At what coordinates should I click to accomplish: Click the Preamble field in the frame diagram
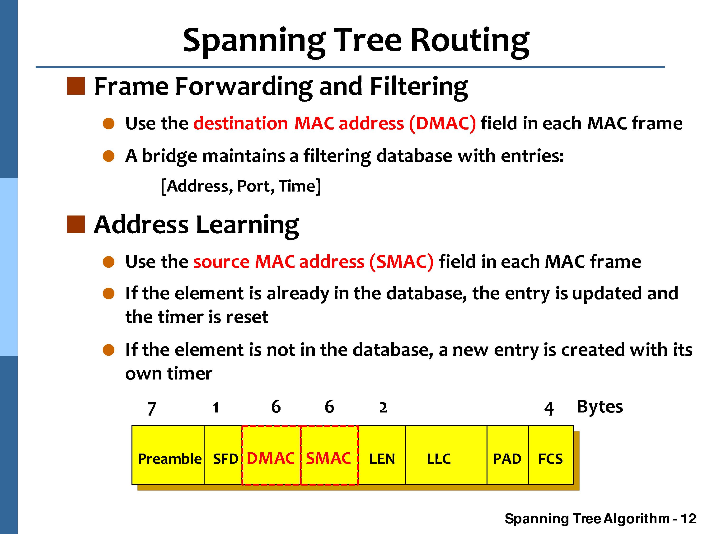pyautogui.click(x=168, y=455)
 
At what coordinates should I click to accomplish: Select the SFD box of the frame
pyautogui.click(x=223, y=455)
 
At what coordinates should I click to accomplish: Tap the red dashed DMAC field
pyautogui.click(x=271, y=455)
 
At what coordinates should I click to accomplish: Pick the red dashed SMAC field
pyautogui.click(x=329, y=455)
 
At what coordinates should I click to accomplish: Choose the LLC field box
pyautogui.click(x=446, y=455)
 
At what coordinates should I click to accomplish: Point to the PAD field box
pyautogui.click(x=508, y=455)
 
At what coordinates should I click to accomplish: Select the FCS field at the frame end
pyautogui.click(x=551, y=455)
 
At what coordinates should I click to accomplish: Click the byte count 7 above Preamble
pyautogui.click(x=152, y=409)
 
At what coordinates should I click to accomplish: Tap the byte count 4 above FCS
pyautogui.click(x=549, y=409)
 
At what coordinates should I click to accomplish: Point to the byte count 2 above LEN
pyautogui.click(x=383, y=408)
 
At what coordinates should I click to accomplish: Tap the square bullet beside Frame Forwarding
pyautogui.click(x=76, y=86)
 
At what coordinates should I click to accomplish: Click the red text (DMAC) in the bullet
pyautogui.click(x=442, y=124)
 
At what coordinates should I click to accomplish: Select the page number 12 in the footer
pyautogui.click(x=689, y=519)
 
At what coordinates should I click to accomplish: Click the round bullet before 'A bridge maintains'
pyautogui.click(x=108, y=156)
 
